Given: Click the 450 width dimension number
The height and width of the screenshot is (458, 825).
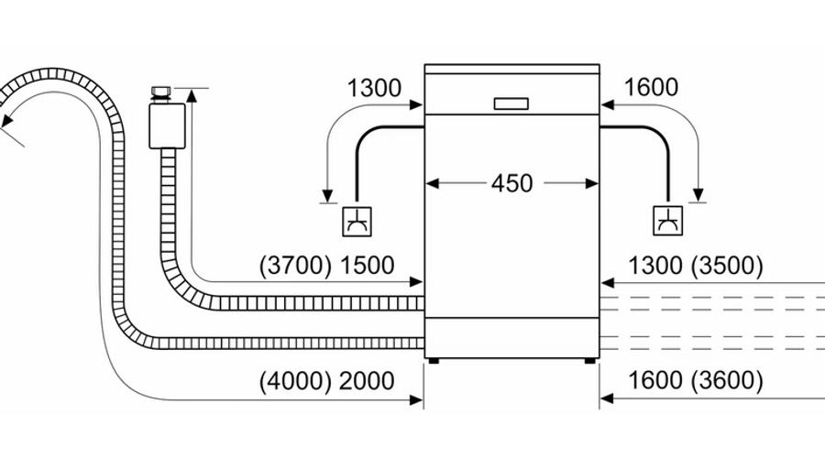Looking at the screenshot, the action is click(511, 183).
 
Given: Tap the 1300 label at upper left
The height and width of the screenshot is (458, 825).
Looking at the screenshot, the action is click(374, 88).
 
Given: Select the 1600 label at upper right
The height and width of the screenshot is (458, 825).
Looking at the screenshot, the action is click(651, 87).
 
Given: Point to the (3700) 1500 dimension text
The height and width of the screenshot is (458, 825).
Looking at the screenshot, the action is click(326, 266).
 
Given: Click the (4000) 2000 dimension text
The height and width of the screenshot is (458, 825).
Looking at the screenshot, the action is click(326, 381).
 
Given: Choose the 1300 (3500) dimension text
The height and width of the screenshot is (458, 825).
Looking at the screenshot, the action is click(696, 266).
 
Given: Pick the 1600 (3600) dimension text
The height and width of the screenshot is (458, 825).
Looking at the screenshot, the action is click(696, 380).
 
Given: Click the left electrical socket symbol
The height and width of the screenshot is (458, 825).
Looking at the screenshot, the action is click(357, 222).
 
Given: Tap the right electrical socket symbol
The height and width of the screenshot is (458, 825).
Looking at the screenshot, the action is click(667, 221).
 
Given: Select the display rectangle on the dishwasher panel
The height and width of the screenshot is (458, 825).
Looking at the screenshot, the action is click(511, 104).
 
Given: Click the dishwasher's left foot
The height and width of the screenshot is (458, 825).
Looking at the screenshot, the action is click(433, 361).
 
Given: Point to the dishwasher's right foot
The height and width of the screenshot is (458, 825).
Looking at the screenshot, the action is click(589, 361).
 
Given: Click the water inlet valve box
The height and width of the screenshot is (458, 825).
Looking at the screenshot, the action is click(168, 126).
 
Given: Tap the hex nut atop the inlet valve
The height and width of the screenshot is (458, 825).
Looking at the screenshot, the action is click(161, 93).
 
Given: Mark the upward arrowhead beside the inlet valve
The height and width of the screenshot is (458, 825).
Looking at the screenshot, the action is click(192, 95).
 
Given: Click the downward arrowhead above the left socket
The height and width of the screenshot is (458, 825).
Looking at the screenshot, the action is click(328, 196).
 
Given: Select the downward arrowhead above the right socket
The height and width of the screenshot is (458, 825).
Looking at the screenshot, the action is click(698, 195).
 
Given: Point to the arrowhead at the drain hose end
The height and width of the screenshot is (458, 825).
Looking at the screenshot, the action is click(6, 120).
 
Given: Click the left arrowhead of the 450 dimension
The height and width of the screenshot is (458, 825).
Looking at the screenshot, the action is click(432, 183).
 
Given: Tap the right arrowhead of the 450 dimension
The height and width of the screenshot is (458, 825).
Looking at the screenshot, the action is click(592, 183).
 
